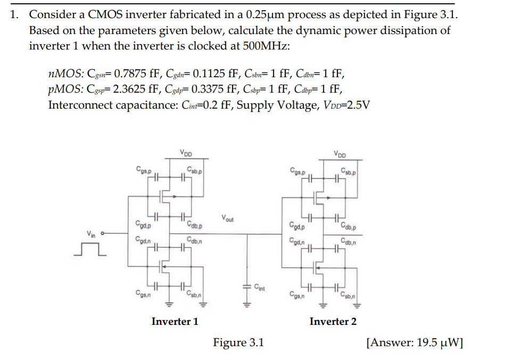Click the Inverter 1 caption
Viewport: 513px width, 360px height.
pyautogui.click(x=175, y=321)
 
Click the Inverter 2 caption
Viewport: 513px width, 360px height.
pyautogui.click(x=333, y=321)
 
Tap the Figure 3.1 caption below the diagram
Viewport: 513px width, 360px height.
pyautogui.click(x=238, y=342)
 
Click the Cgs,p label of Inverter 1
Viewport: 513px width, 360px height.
pyautogui.click(x=143, y=170)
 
